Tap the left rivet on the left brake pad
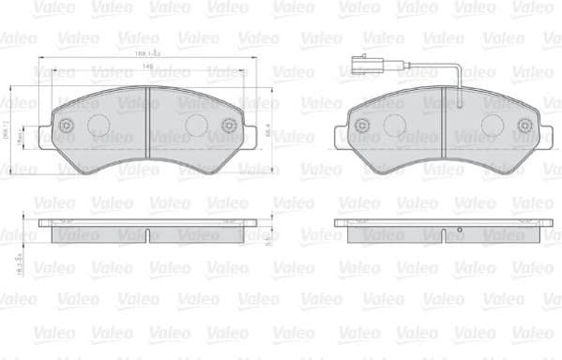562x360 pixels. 65,126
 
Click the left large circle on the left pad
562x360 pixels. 99,126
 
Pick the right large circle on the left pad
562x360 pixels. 195,126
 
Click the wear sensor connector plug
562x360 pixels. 359,67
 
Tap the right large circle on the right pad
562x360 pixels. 494,126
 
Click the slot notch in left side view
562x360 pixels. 148,221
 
